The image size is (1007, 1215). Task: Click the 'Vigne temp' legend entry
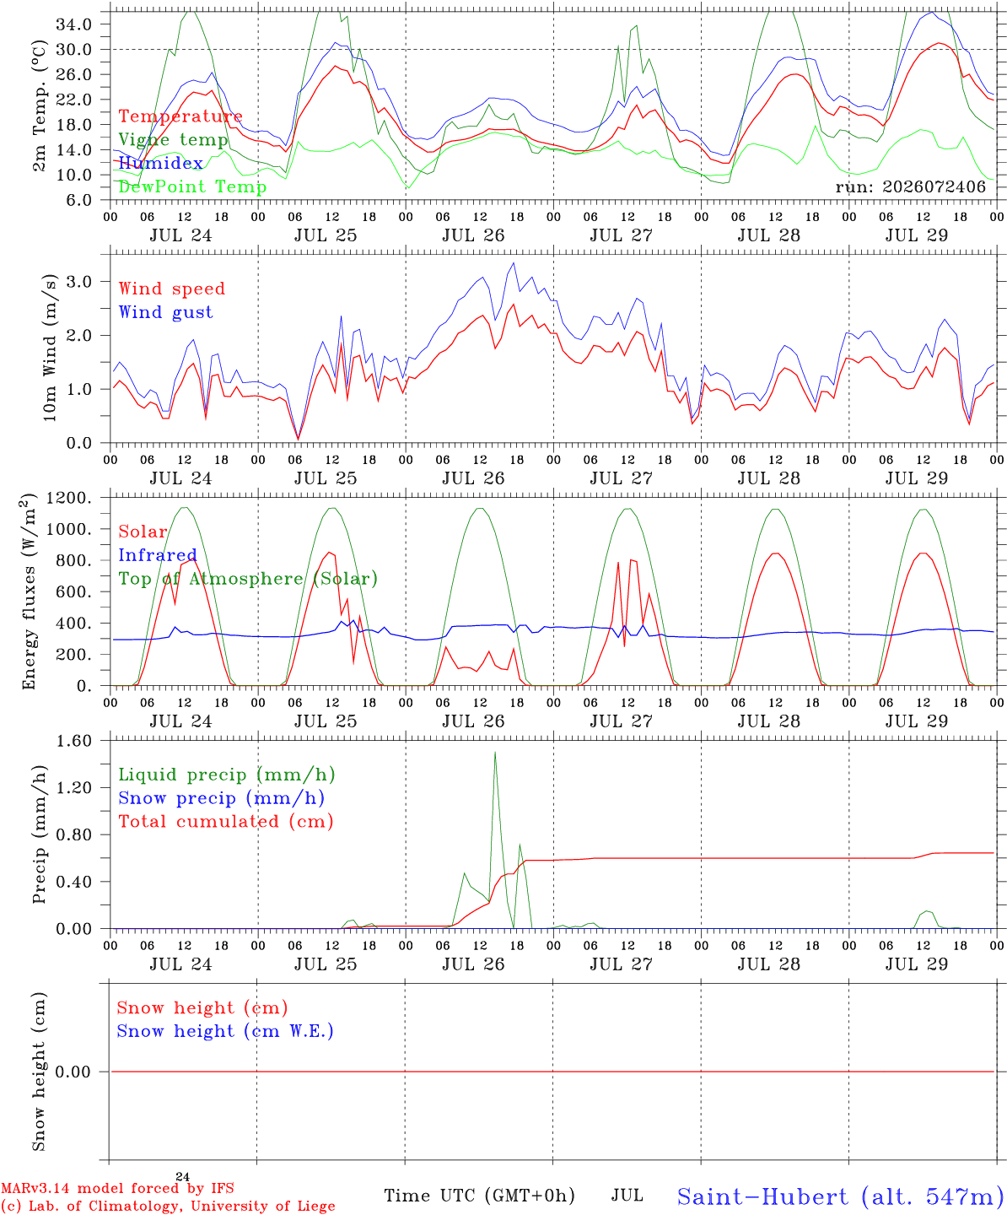pos(173,140)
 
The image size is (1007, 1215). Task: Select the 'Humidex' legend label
pos(160,163)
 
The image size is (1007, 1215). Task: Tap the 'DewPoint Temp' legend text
pos(192,186)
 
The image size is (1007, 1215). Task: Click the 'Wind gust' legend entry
pos(166,312)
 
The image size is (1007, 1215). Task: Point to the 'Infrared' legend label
pos(158,555)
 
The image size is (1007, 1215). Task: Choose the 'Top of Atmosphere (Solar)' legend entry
pos(249,579)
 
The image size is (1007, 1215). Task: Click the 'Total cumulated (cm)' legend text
pos(226,821)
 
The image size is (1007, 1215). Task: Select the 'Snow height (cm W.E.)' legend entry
pos(225,1030)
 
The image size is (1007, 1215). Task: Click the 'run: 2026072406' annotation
pos(910,186)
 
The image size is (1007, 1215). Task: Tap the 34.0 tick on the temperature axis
pos(74,24)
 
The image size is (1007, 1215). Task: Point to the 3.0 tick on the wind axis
pos(78,282)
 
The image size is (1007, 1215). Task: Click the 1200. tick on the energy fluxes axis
pos(69,498)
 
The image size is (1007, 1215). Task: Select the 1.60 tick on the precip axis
pos(74,741)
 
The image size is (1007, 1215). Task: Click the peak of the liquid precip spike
pos(495,753)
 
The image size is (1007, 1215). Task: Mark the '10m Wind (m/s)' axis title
pos(50,348)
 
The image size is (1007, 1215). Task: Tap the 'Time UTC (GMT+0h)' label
pos(479,1196)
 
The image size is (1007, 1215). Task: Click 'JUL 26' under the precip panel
pos(473,964)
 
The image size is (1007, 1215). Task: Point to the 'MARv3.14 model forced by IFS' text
pos(117,1188)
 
